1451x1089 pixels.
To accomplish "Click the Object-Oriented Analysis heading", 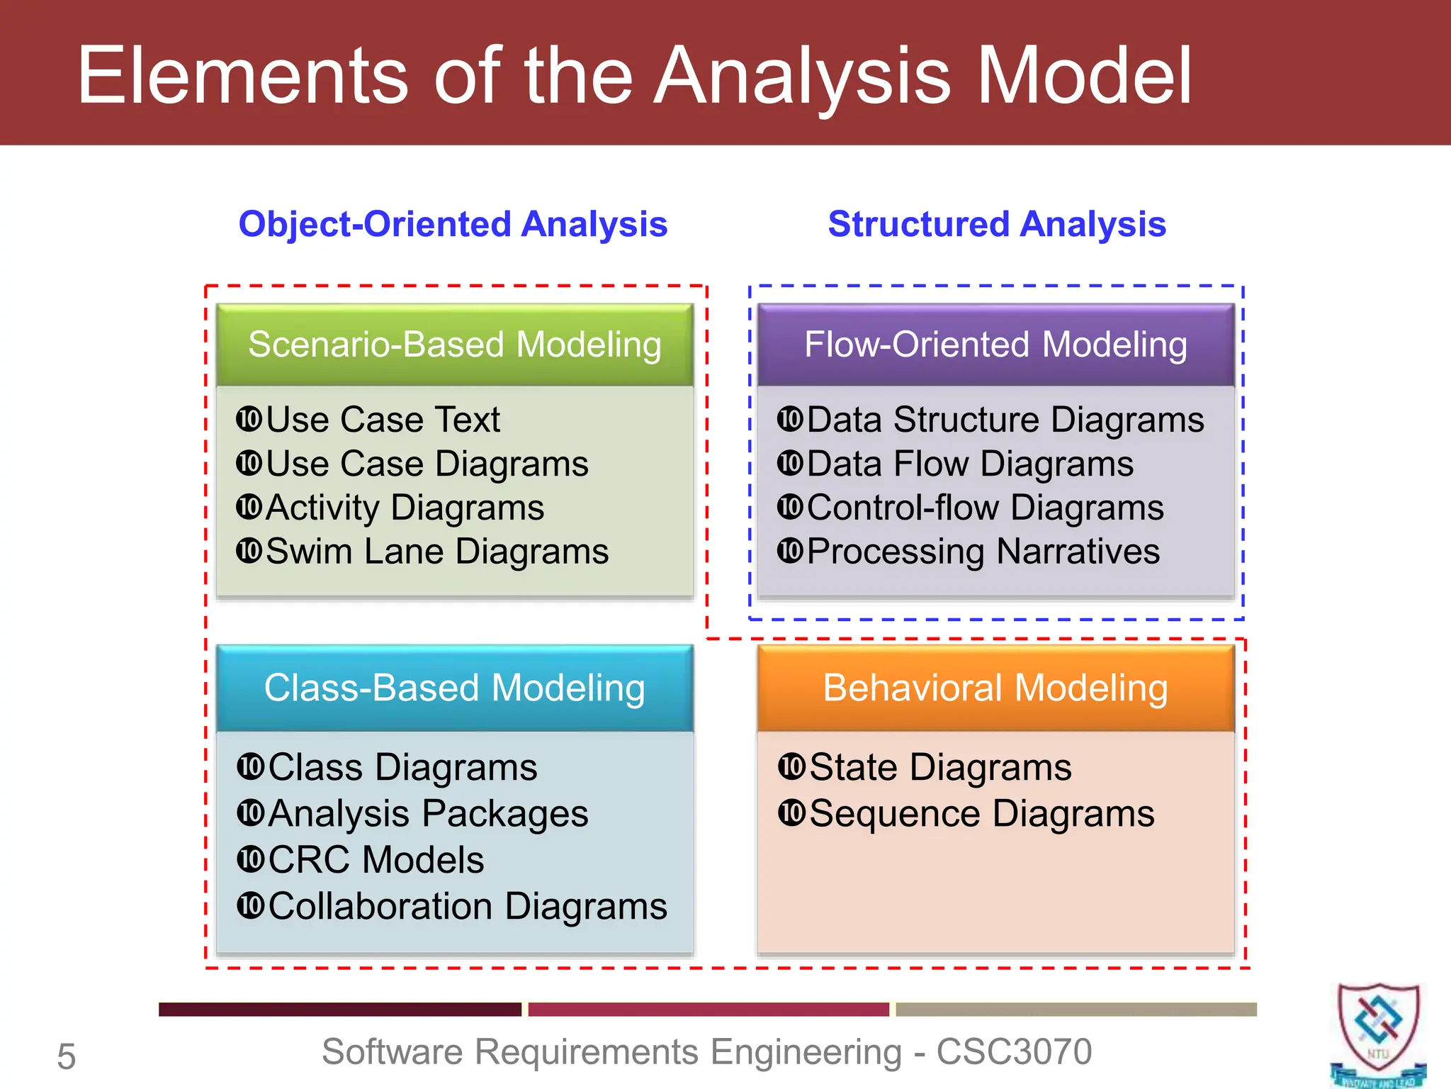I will [x=453, y=224].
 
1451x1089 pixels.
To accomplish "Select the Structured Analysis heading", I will [x=996, y=224].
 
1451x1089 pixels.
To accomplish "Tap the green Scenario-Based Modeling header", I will [x=454, y=345].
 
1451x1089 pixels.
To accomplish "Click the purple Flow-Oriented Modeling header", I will [x=995, y=345].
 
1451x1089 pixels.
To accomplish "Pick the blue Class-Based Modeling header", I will [x=454, y=688].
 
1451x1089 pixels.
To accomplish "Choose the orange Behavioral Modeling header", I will [x=995, y=688].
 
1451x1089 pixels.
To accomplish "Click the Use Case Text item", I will [x=383, y=419].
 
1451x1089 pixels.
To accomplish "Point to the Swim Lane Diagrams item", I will [x=436, y=551].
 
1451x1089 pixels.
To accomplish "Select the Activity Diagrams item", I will [x=405, y=508].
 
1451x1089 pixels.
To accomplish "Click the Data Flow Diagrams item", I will [x=969, y=464].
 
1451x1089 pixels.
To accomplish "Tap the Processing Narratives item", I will [x=983, y=551].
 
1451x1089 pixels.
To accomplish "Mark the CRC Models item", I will [x=376, y=859].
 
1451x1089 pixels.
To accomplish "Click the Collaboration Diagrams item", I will [x=468, y=906].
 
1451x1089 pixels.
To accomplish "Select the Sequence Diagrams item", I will [x=981, y=813].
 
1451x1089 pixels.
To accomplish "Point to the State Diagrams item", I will [x=940, y=767].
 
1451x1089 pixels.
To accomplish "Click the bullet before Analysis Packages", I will [x=251, y=812].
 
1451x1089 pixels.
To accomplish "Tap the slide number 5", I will [x=66, y=1056].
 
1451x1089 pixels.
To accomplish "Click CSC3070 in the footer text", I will [x=1014, y=1051].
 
